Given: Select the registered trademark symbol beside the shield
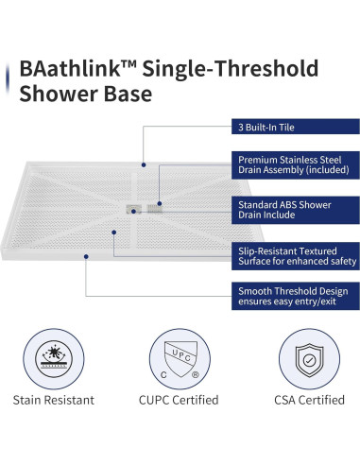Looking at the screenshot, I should (194, 372).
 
